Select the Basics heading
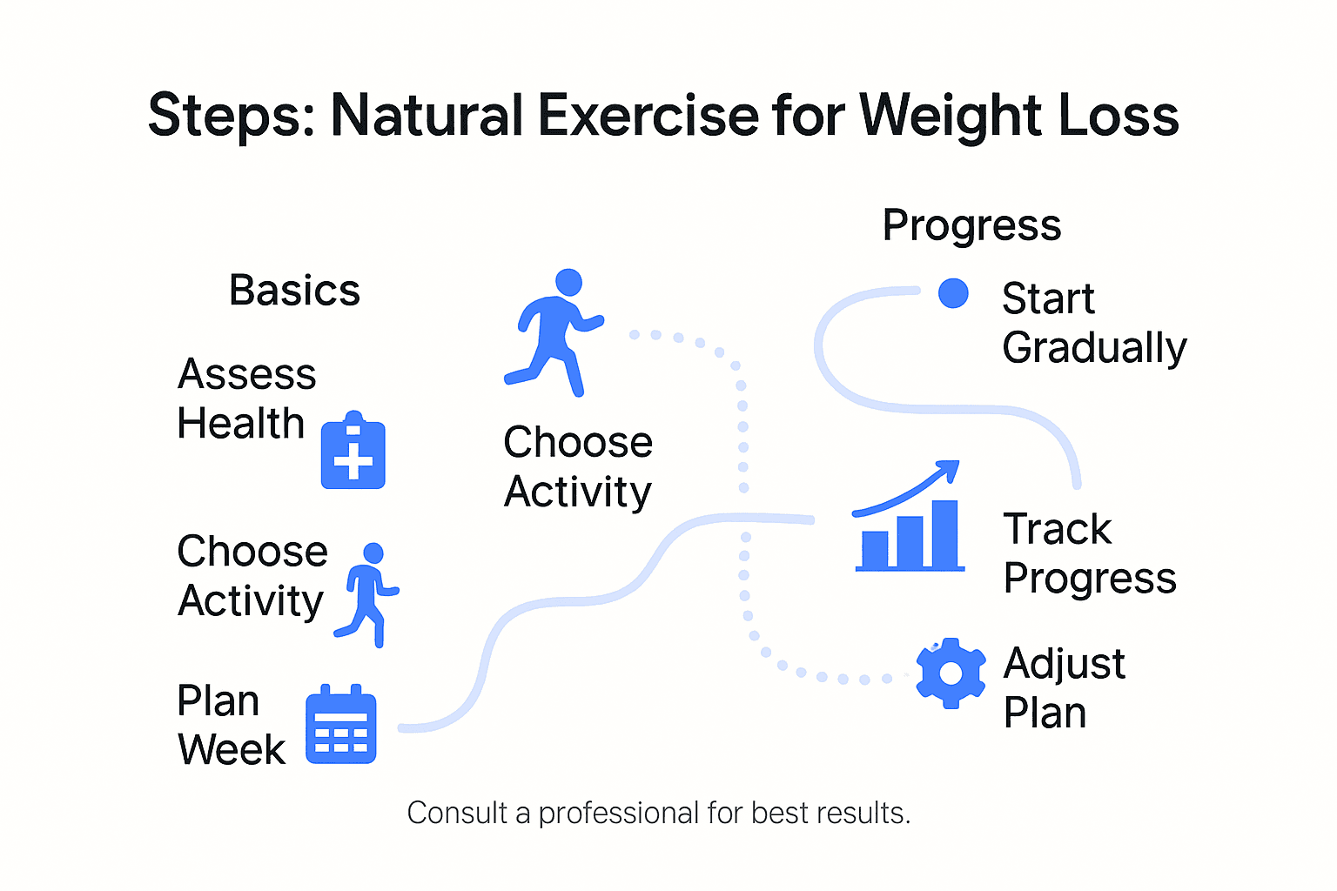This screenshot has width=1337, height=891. tap(294, 291)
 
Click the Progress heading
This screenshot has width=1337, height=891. tap(971, 225)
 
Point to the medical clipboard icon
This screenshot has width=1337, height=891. tap(353, 451)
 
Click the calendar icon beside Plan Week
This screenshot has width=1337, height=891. tap(341, 725)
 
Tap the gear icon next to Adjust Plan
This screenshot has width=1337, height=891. tap(951, 673)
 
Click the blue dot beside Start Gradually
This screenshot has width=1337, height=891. tap(953, 293)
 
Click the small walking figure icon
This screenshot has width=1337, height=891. tap(369, 594)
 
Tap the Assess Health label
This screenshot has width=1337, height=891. tap(245, 399)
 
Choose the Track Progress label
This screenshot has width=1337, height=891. tap(1089, 553)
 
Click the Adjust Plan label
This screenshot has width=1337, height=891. tap(1064, 688)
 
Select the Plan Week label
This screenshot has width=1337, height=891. tap(231, 725)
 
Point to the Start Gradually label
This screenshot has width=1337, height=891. tap(1093, 323)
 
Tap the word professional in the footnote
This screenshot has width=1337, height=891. tap(618, 814)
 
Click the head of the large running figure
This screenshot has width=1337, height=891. tap(568, 282)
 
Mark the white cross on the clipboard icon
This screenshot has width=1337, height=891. tap(353, 461)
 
